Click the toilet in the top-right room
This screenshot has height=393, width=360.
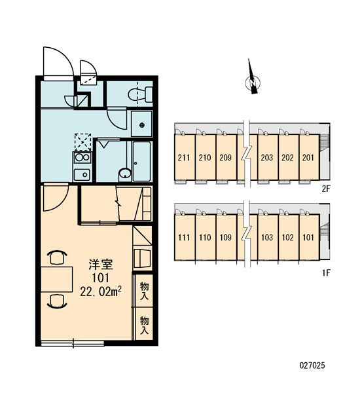pos(140,94)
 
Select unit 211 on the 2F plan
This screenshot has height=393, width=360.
pos(184,157)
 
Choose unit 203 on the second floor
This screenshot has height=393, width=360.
pos(267,157)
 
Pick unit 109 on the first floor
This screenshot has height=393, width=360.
pos(226,237)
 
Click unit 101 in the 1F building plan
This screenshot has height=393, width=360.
pos(308,237)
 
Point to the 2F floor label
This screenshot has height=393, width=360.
pos(326,189)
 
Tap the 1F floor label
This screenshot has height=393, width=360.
pos(326,272)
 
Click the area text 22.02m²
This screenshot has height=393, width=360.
pos(101,291)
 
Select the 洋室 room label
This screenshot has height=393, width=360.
pos(101,265)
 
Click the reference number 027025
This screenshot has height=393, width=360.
pos(312,365)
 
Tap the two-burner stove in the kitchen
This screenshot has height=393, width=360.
pos(82,158)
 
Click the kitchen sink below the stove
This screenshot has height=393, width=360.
pos(82,174)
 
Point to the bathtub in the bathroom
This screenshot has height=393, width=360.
pos(142,161)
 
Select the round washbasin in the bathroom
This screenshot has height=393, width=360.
pos(125,173)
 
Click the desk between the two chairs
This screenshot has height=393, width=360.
pos(57,279)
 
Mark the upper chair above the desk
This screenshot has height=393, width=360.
pos(57,257)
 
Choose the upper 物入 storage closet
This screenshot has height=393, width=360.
pos(144,290)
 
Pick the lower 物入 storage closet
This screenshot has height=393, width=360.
pos(144,324)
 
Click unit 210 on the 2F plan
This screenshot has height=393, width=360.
pos(205,157)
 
